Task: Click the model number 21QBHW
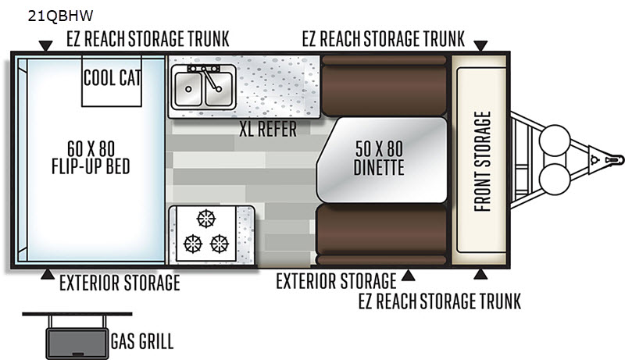(60, 16)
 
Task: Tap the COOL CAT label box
(112, 81)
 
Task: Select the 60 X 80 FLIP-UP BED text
(91, 158)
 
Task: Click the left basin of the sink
(187, 89)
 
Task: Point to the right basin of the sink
(218, 89)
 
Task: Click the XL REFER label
(268, 129)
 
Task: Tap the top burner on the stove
(206, 219)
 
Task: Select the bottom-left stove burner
(193, 244)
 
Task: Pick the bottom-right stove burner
(220, 244)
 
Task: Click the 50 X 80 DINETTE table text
(379, 158)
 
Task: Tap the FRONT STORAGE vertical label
(482, 162)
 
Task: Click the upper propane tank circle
(555, 141)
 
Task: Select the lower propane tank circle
(555, 179)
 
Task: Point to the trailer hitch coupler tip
(621, 159)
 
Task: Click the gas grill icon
(77, 335)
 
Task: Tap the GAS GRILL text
(142, 342)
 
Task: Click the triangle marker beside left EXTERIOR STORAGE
(48, 274)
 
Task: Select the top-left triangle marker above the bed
(46, 46)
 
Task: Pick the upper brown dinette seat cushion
(384, 86)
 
